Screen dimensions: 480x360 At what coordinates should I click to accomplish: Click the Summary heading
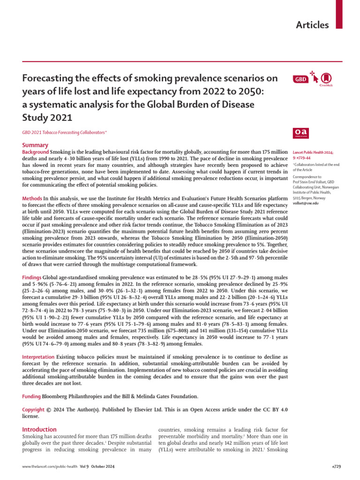35,146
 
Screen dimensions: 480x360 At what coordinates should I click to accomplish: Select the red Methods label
32,199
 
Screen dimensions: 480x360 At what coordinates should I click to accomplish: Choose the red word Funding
32,396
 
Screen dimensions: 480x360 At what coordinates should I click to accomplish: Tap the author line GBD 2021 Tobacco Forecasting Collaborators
64,133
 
